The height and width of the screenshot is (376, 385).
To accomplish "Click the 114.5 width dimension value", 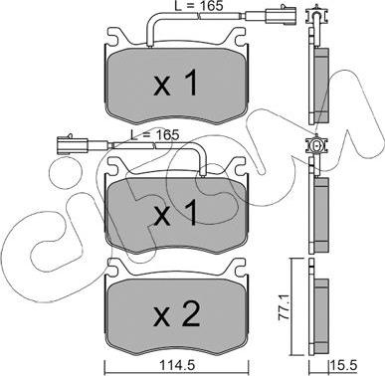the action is (177, 366).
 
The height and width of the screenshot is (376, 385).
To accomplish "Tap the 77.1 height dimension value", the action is (285, 308).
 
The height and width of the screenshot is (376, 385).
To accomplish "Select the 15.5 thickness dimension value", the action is (344, 366).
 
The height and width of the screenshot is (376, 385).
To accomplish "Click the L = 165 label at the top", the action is (199, 5).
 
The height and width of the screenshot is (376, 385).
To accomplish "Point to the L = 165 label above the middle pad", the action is (154, 134).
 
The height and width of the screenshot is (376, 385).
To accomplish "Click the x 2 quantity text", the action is (177, 314).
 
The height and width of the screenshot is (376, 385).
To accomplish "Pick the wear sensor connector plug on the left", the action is (72, 146).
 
